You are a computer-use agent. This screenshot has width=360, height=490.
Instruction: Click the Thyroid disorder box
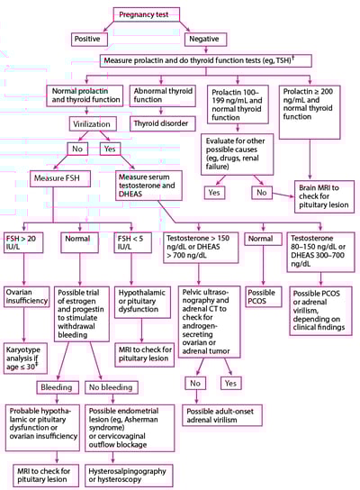pyautogui.click(x=159, y=122)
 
